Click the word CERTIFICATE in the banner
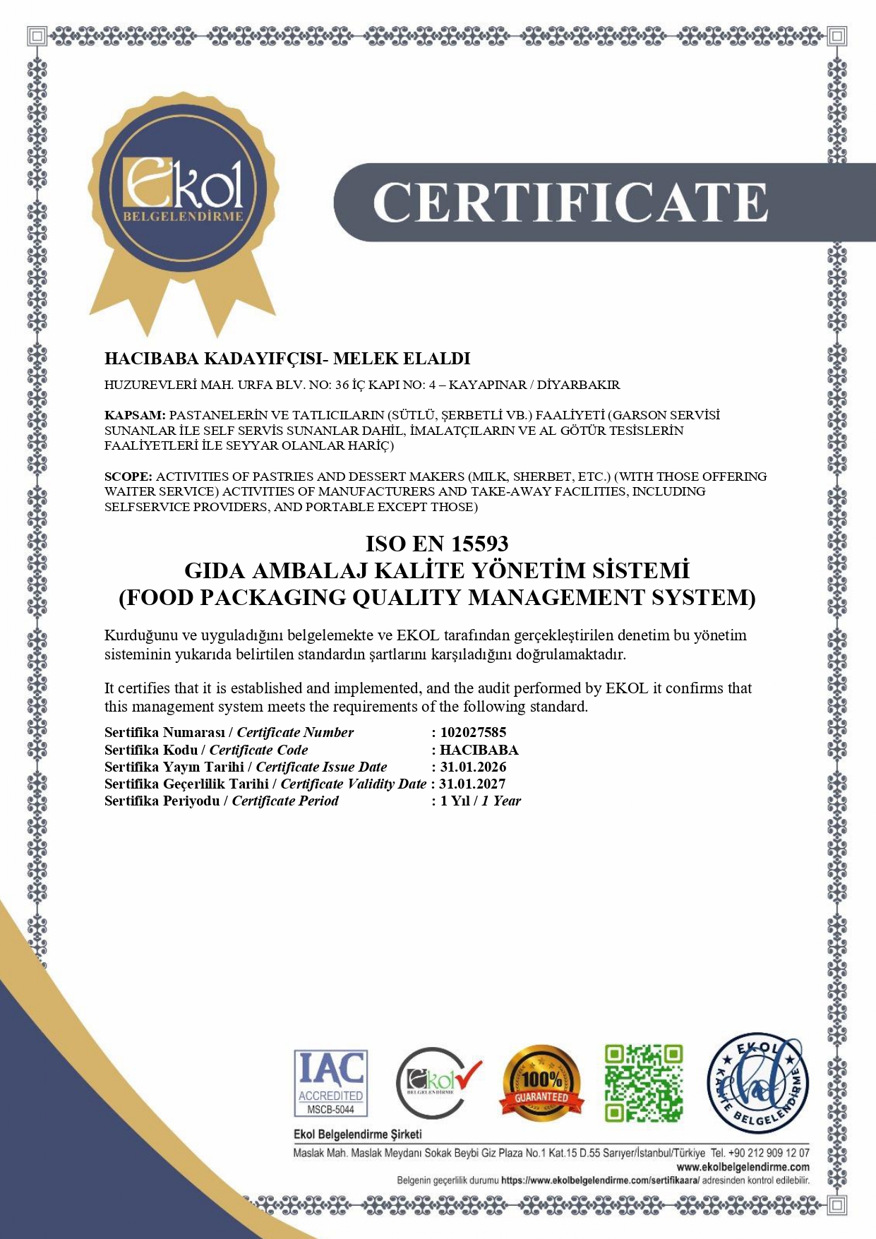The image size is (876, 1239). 570,203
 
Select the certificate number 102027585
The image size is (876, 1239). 473,732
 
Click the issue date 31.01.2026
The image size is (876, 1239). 473,767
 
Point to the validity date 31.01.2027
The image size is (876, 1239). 472,784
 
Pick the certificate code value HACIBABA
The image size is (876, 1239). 479,750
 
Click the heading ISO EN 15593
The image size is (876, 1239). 437,544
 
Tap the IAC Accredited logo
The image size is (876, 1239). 330,1083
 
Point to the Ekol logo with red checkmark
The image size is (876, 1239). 437,1082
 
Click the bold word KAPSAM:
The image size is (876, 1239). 135,415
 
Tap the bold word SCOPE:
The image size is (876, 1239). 128,477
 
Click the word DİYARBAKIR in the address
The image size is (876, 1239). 578,385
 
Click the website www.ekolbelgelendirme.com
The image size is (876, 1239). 743,1167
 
